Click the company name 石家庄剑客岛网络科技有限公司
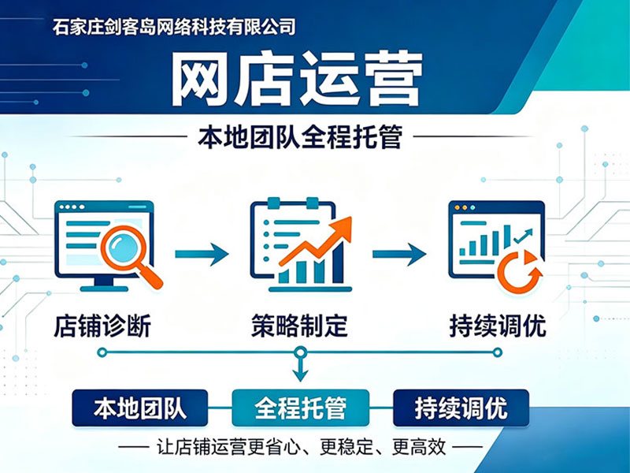point(174,28)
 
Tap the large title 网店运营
point(297,79)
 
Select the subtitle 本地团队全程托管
point(300,137)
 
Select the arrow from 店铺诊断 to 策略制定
point(202,254)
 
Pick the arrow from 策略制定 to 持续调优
point(399,254)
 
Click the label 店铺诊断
point(102,326)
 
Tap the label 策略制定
point(300,326)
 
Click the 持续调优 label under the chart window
point(498,326)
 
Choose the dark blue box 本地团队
point(140,408)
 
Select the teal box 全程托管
point(301,408)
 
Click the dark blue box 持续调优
point(461,408)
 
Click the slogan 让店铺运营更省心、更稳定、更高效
point(301,447)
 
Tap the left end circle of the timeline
point(102,352)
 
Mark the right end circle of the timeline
point(498,352)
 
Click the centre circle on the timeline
point(300,352)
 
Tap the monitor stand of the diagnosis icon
point(104,284)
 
